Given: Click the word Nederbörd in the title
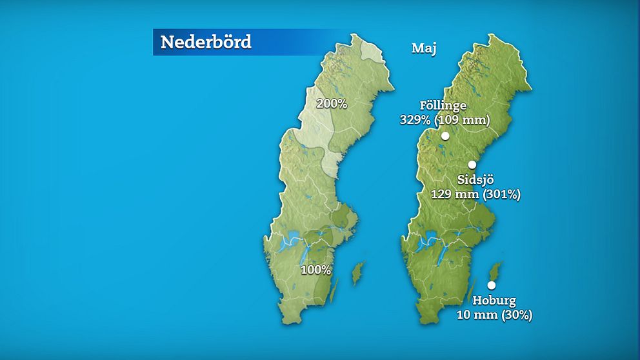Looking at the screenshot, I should pyautogui.click(x=205, y=42).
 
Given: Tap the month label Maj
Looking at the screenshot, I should pyautogui.click(x=424, y=48).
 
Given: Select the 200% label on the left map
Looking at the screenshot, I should pyautogui.click(x=332, y=103).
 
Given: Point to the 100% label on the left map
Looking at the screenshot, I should pyautogui.click(x=315, y=270).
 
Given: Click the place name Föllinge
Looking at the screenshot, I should pyautogui.click(x=443, y=106).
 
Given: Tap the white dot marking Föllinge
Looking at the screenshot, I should pyautogui.click(x=445, y=135).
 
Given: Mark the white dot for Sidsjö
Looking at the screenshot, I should pyautogui.click(x=472, y=165).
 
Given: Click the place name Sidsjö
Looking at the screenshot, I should pyautogui.click(x=475, y=179).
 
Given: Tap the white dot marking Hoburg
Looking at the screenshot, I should pyautogui.click(x=491, y=285).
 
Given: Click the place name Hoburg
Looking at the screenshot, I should pyautogui.click(x=494, y=301).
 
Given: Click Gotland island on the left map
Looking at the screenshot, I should pyautogui.click(x=357, y=273).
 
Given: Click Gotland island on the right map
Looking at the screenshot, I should pyautogui.click(x=495, y=272).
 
